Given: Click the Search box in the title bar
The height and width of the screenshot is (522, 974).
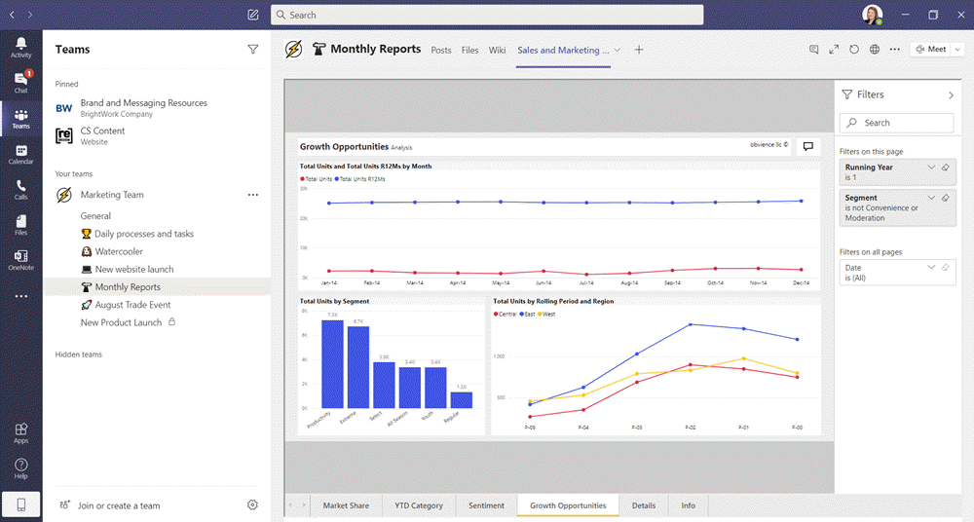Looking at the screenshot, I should [487, 15].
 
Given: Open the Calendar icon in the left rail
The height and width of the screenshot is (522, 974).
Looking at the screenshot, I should [20, 155].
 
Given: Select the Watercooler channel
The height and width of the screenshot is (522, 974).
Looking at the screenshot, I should [119, 251].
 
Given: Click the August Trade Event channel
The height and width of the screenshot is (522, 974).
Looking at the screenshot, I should [132, 305].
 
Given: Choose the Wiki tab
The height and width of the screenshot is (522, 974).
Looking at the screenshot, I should [497, 50].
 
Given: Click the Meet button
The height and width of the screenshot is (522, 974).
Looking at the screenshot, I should [930, 50].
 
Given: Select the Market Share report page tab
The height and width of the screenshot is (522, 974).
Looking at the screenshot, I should [346, 505].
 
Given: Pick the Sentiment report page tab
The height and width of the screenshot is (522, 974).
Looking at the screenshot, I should [486, 505].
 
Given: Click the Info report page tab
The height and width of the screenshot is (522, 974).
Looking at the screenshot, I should [688, 505].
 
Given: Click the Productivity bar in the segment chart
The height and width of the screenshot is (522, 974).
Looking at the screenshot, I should [332, 363].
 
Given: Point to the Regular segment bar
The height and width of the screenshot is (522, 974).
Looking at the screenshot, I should [461, 399].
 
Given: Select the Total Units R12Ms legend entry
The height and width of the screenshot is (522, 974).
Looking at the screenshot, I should [362, 179].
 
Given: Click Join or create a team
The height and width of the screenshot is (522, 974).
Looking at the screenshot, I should [119, 505].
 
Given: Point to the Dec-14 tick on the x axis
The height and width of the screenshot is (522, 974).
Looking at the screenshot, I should [801, 283].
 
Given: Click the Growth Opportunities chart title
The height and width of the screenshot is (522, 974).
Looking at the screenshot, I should [344, 147].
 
